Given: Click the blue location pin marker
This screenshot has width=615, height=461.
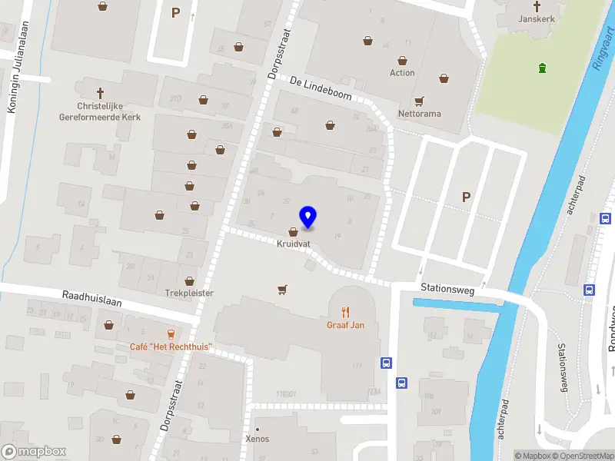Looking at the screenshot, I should pos(308,217).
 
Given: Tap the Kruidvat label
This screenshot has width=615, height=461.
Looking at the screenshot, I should pos(294,244).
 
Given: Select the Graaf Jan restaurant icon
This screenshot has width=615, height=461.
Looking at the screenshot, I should pos(345,311).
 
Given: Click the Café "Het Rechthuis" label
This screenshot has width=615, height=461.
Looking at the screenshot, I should pos(170,347).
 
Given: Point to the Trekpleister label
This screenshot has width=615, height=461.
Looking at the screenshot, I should pos(189,293).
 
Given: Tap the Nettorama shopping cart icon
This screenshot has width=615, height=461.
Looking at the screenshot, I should pos(419,101).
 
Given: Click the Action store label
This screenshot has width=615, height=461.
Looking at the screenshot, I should pos(402,73).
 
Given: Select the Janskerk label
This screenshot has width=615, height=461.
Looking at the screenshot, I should pos(536,18).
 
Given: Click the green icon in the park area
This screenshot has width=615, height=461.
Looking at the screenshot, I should pos(544,68).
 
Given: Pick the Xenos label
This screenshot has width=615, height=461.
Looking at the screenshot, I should pos(257,439).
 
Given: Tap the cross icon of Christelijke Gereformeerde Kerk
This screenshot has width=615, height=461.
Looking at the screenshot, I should pos(100,92).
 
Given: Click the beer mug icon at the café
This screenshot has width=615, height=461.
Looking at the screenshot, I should pos(171,334).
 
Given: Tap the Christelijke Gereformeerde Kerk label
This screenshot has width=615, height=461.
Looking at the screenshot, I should pos(100,111).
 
